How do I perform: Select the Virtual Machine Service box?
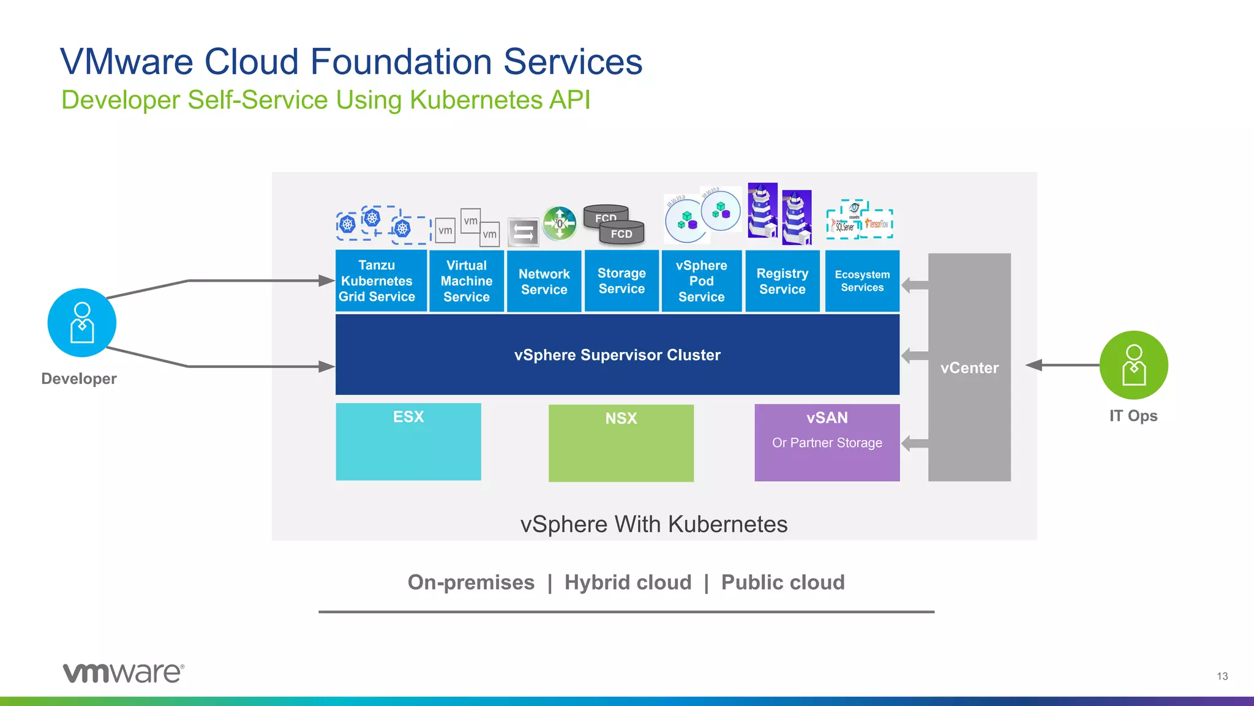(x=467, y=281)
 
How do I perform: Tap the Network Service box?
(x=544, y=282)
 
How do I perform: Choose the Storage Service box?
(x=621, y=281)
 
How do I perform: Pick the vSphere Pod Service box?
(x=701, y=281)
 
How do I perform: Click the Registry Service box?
(x=782, y=281)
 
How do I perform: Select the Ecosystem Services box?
(x=862, y=281)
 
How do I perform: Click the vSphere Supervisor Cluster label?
(x=617, y=355)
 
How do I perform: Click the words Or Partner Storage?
(x=827, y=443)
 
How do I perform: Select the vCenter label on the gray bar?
(x=969, y=368)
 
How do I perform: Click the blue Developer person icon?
(x=82, y=323)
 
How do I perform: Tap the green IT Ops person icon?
(x=1133, y=365)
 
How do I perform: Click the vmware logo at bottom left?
(x=123, y=672)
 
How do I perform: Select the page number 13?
(x=1222, y=676)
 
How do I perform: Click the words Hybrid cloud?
(x=628, y=582)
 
